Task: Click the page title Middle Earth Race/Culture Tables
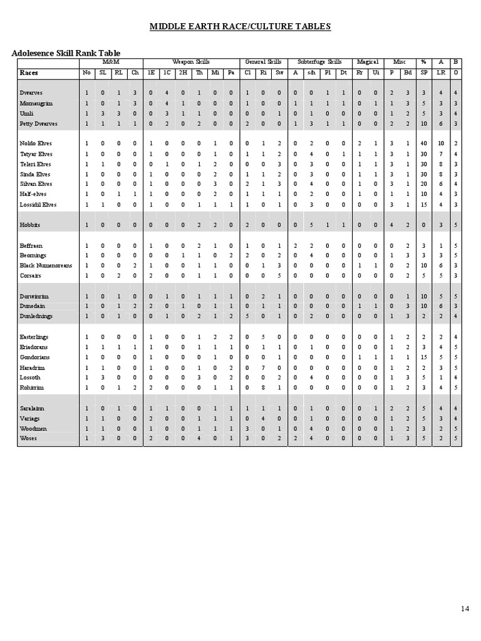(x=240, y=26)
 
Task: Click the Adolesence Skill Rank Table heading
(x=66, y=53)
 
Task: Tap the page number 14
(x=465, y=608)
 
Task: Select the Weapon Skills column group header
(x=191, y=63)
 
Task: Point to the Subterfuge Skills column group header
(x=319, y=63)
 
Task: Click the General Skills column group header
(x=263, y=63)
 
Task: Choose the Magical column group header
(x=368, y=63)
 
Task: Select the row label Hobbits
(x=30, y=224)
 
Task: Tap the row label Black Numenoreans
(x=46, y=265)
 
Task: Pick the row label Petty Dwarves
(x=38, y=124)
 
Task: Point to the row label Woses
(x=28, y=438)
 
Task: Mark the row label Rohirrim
(x=32, y=387)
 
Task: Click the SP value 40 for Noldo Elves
(x=424, y=144)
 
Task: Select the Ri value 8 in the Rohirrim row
(x=264, y=387)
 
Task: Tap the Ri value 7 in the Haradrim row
(x=264, y=367)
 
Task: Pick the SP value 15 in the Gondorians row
(x=424, y=357)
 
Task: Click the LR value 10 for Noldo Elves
(x=441, y=144)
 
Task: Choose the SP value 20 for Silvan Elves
(x=424, y=184)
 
